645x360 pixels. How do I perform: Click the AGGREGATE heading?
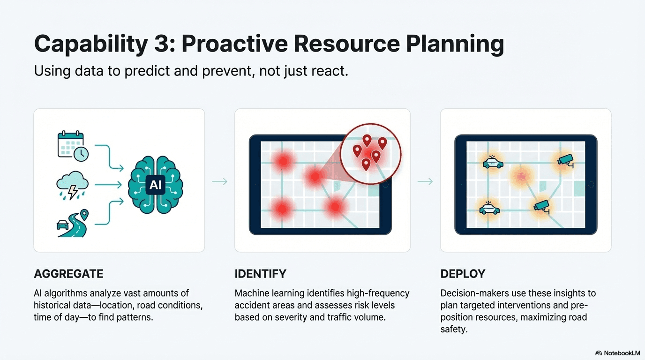[68, 274]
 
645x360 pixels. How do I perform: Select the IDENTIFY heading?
[261, 274]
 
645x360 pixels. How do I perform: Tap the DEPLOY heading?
[463, 274]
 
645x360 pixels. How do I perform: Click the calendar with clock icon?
[73, 146]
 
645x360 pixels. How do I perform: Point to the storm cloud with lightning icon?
[72, 185]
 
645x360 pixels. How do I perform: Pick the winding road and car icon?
[72, 223]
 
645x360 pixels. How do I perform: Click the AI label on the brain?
[156, 185]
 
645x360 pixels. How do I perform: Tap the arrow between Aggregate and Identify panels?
[220, 181]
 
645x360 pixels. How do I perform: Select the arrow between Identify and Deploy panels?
[425, 181]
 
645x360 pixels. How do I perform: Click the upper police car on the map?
[493, 162]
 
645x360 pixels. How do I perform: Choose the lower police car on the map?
[489, 208]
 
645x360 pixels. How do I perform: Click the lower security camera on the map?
[541, 207]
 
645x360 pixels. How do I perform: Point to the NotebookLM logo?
[618, 353]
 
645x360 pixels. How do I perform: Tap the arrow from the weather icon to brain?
[108, 185]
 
